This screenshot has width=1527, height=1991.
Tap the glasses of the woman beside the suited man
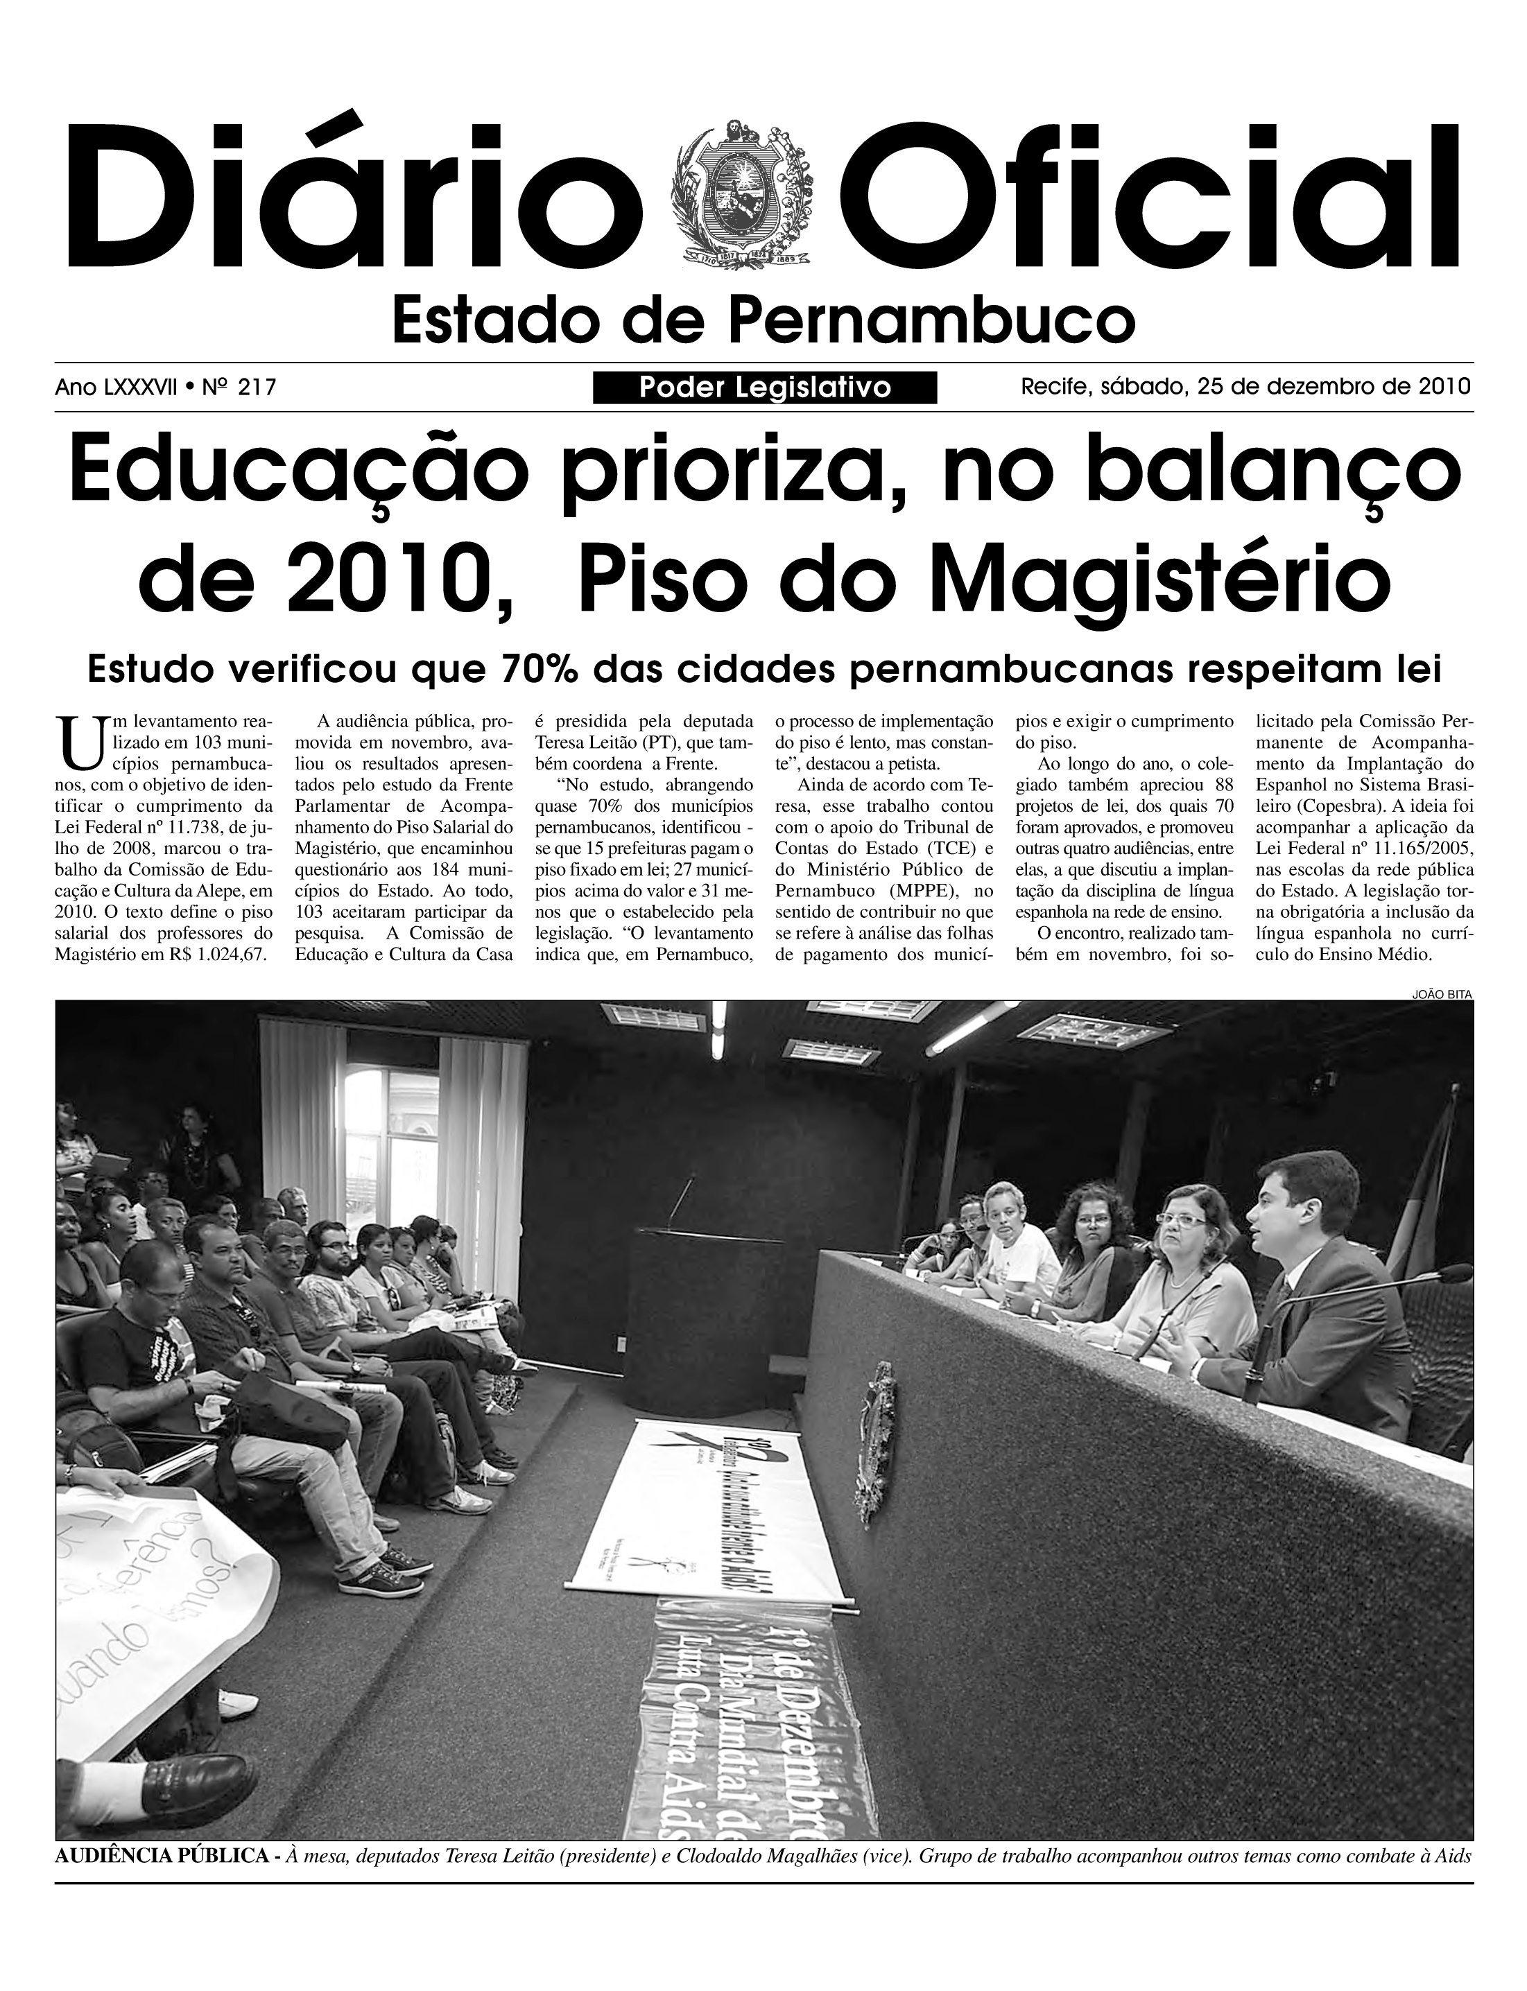tap(1182, 1219)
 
